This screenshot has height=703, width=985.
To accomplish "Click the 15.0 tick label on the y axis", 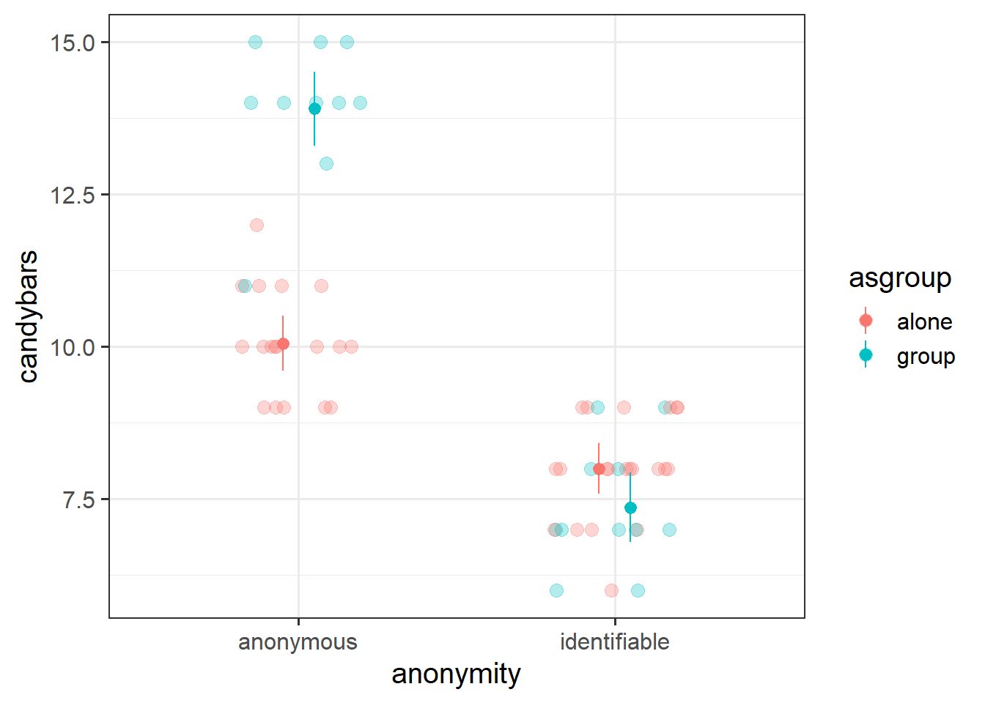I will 73,42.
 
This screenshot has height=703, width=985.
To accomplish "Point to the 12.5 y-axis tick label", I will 73,195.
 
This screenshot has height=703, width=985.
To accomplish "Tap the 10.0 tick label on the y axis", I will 73,347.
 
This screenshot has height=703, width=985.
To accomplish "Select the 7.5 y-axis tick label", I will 79,499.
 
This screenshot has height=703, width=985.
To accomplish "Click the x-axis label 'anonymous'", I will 298,642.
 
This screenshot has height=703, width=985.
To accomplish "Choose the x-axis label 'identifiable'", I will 614,642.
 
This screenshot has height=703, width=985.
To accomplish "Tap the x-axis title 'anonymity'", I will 456,674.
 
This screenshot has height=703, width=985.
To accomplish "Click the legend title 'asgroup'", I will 900,278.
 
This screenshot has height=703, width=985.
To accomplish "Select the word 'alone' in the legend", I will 924,321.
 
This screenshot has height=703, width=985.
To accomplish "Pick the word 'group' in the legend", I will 926,357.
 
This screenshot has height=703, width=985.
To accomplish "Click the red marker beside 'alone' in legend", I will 866,321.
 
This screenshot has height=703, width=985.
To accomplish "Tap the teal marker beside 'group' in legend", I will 866,355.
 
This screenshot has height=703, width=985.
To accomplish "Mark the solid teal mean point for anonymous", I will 314,109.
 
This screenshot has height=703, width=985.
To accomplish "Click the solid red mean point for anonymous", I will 283,343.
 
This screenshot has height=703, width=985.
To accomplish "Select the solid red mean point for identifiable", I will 599,469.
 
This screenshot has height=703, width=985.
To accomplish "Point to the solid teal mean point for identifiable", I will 630,507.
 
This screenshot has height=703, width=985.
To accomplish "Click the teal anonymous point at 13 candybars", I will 326,163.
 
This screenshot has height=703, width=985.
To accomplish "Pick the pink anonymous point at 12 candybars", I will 257,225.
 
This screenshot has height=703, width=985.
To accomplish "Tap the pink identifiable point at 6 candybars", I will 611,590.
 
